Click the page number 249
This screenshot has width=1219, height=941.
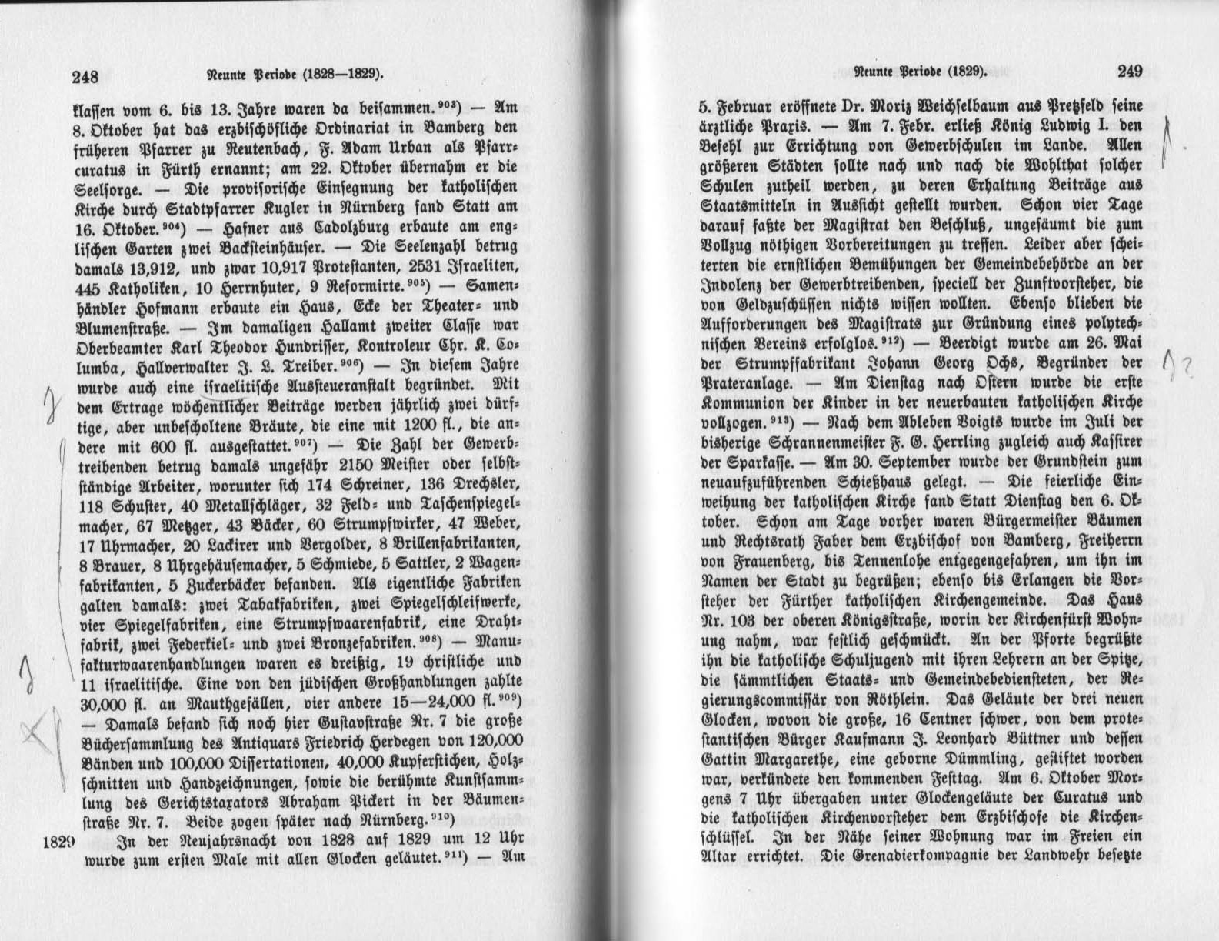pos(1130,72)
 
